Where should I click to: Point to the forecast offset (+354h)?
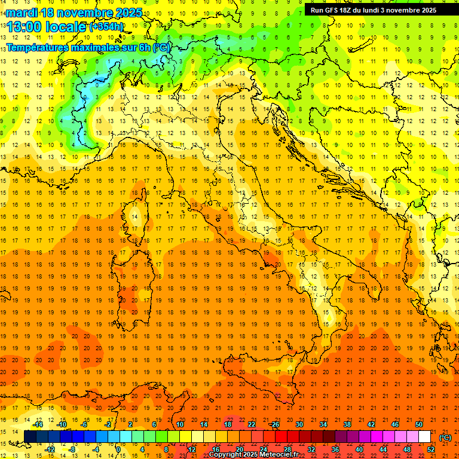[106, 27]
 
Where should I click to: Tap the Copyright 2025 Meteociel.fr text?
[253, 455]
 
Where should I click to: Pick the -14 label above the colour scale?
[38, 424]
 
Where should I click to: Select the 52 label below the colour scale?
[431, 449]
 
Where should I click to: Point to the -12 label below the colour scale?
[50, 449]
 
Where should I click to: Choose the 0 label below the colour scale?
[118, 449]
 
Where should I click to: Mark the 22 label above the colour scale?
[251, 424]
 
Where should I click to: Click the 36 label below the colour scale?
[335, 449]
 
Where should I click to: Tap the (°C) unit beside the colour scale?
[445, 437]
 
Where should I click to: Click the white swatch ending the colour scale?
[425, 437]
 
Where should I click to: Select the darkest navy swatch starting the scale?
[30, 437]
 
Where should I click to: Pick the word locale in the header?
[66, 27]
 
